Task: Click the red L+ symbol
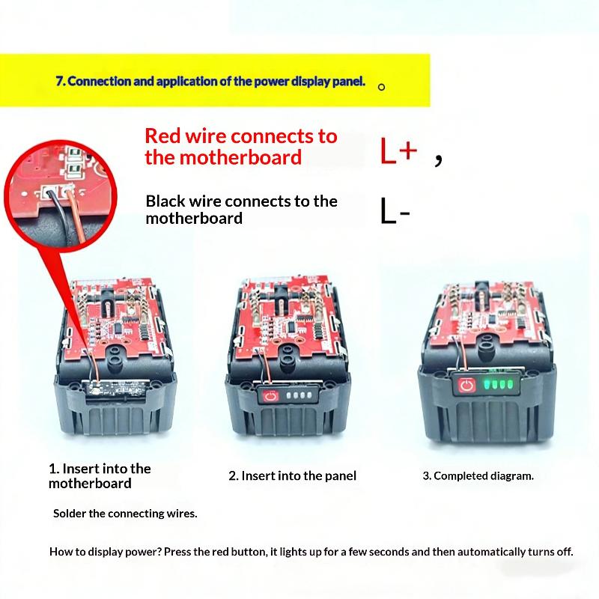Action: (x=398, y=150)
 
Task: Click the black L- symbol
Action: (x=395, y=210)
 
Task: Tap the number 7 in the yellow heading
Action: (x=60, y=82)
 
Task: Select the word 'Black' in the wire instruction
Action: (x=165, y=201)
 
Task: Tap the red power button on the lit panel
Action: (x=466, y=385)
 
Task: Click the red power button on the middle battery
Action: (x=270, y=395)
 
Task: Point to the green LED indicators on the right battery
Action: (x=497, y=384)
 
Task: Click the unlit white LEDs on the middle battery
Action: (x=299, y=395)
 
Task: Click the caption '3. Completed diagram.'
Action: (x=478, y=476)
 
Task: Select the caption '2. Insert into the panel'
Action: (x=292, y=476)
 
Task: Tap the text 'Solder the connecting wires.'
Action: (x=125, y=514)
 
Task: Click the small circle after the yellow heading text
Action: (x=381, y=87)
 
